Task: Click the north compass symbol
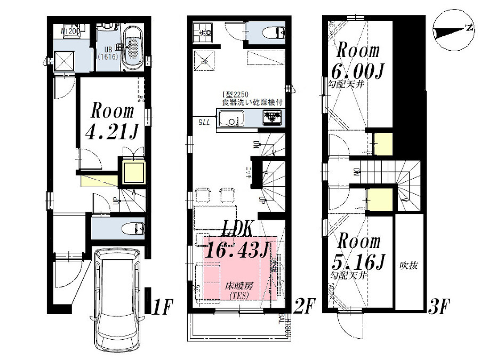point(453,31)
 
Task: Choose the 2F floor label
point(304,306)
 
